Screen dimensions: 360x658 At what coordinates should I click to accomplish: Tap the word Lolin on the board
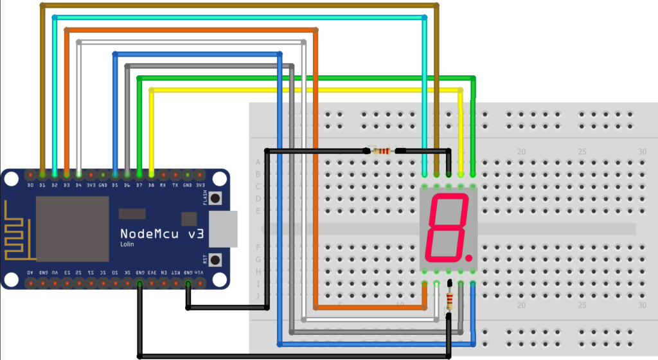click(127, 245)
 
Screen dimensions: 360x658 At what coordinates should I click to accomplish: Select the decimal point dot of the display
click(469, 257)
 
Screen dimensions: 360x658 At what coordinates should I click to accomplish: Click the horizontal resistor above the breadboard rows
click(383, 151)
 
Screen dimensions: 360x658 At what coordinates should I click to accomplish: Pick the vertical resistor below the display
click(449, 300)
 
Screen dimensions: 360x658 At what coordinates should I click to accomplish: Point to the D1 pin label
click(42, 185)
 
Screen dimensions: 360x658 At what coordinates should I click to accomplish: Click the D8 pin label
click(151, 185)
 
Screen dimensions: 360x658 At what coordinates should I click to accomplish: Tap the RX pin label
click(163, 185)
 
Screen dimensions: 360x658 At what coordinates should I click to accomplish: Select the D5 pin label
click(115, 185)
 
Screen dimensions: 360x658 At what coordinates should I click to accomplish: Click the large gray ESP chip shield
click(72, 228)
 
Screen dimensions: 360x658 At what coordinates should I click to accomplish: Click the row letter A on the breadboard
click(258, 162)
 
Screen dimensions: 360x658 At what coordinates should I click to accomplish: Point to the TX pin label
click(175, 185)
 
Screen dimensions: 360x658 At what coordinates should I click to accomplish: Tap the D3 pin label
click(66, 185)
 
